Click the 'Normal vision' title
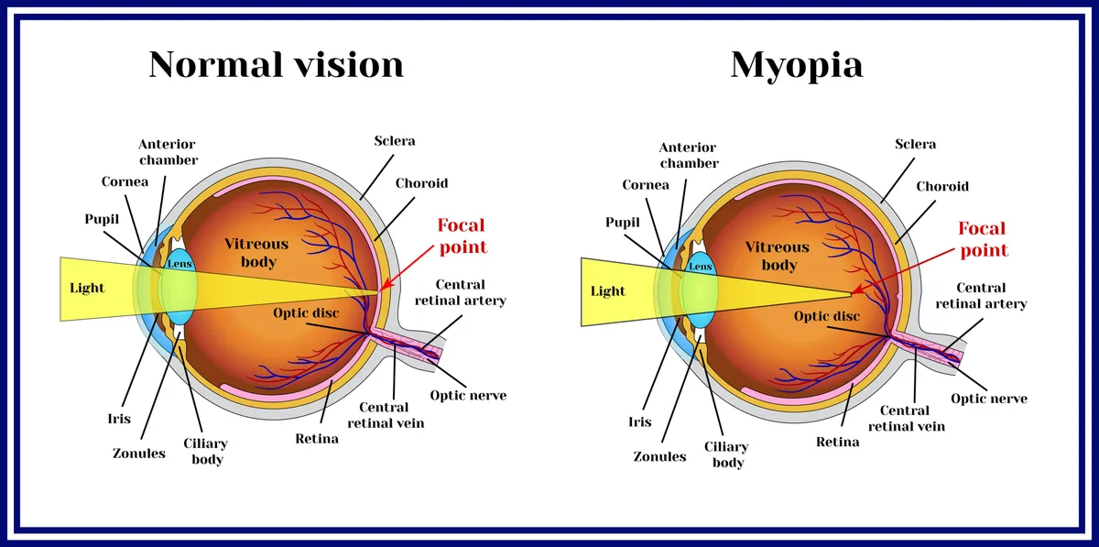pos(276,65)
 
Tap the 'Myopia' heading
pos(796,65)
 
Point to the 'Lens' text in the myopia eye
pos(700,267)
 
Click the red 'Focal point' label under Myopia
pos(983,239)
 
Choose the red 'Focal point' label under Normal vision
pos(462,235)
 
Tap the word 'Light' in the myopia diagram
pos(608,291)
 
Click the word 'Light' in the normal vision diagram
pos(88,288)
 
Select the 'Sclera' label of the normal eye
pos(395,141)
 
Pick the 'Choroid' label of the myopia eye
pos(942,186)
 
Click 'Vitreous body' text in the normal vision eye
pos(256,253)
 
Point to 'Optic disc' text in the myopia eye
pos(826,317)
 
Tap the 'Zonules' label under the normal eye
pos(139,454)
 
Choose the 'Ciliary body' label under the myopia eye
pos(727,454)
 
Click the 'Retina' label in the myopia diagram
pos(837,443)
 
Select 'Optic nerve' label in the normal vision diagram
pos(468,396)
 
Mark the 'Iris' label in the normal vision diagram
pos(119,419)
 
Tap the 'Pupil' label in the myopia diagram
pos(623,222)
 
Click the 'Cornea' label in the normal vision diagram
pos(125,181)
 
